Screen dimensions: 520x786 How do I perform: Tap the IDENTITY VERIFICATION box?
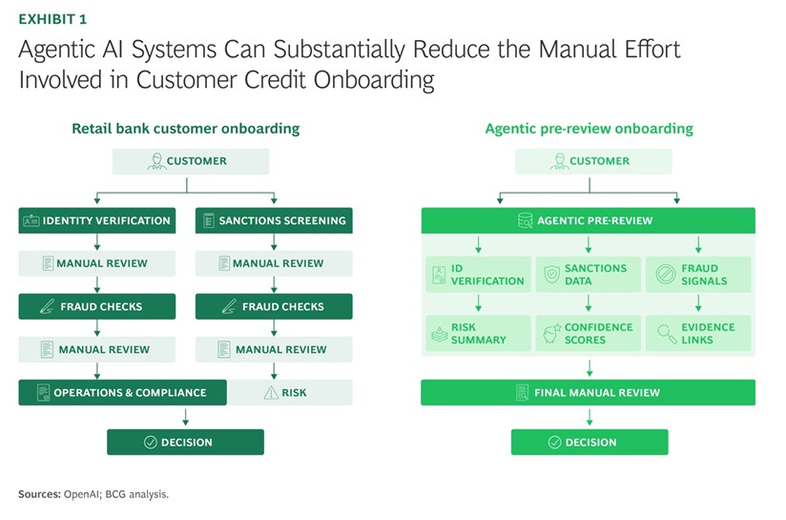click(96, 220)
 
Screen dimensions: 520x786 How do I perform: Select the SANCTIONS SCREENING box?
click(274, 220)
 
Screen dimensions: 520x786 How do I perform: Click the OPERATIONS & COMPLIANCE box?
click(122, 392)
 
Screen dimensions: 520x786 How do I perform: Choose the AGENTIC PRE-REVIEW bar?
click(589, 220)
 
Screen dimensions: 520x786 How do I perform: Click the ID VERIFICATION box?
click(478, 275)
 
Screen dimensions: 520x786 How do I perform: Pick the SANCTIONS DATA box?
click(589, 275)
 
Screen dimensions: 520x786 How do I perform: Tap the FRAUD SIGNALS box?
click(699, 275)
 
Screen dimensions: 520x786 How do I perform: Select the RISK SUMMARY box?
click(478, 333)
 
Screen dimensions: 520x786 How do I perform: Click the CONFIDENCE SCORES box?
click(589, 333)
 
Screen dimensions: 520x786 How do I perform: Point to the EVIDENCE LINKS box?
click(699, 333)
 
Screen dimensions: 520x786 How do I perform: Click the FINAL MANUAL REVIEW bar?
click(589, 392)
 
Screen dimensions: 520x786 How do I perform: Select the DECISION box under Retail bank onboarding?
click(185, 442)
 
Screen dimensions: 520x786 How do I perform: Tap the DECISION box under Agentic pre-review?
click(589, 442)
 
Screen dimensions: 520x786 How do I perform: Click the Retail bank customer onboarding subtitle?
click(185, 129)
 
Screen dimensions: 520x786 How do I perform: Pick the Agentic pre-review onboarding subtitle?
click(589, 129)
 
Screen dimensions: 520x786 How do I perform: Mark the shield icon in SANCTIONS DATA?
click(551, 275)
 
